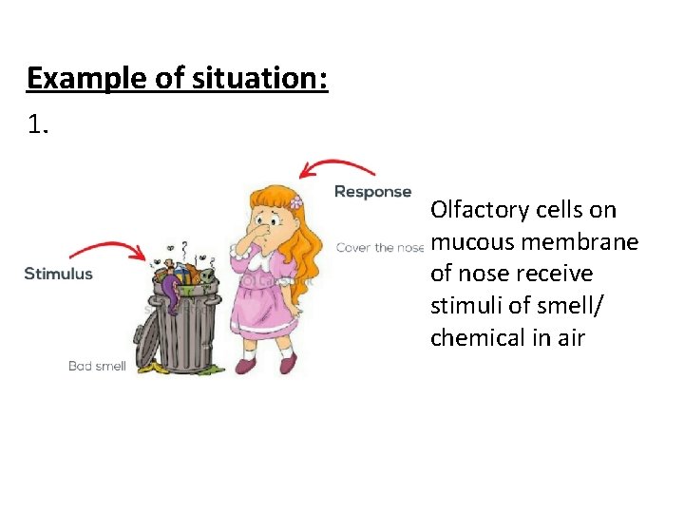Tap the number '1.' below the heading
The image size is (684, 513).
click(x=39, y=123)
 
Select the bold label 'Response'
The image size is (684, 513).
click(x=372, y=192)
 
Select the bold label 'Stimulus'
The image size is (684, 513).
click(x=58, y=274)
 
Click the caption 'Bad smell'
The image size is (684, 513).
click(x=97, y=366)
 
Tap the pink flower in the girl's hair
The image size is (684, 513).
click(x=295, y=201)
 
